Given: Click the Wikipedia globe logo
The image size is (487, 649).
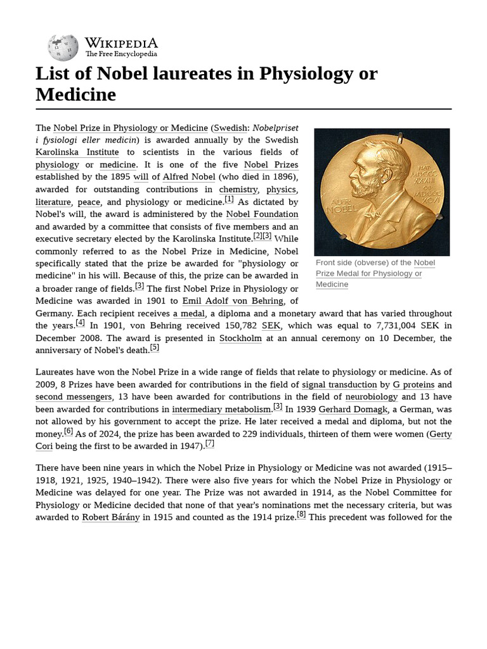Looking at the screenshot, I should pyautogui.click(x=63, y=48).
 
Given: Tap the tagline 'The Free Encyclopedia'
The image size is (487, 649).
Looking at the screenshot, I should pyautogui.click(x=121, y=55).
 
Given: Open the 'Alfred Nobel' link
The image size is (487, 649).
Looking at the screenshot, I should pyautogui.click(x=189, y=177).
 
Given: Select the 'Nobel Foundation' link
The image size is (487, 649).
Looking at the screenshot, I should pyautogui.click(x=262, y=214).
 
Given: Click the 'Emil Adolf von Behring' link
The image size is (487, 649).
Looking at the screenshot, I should pyautogui.click(x=232, y=301).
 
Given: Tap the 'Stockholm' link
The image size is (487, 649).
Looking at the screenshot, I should pyautogui.click(x=240, y=338).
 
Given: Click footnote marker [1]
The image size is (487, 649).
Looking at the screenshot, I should pyautogui.click(x=229, y=200).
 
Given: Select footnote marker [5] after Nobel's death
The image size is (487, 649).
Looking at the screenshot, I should pyautogui.click(x=155, y=348).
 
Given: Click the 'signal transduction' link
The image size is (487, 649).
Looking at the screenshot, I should pyautogui.click(x=339, y=385).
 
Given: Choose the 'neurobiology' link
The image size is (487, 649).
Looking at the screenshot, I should pyautogui.click(x=371, y=397).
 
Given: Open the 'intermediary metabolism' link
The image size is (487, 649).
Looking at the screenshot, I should pyautogui.click(x=221, y=409).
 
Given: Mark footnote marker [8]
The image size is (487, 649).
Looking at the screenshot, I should pyautogui.click(x=301, y=515).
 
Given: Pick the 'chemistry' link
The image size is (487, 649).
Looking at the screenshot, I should pyautogui.click(x=238, y=190).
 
